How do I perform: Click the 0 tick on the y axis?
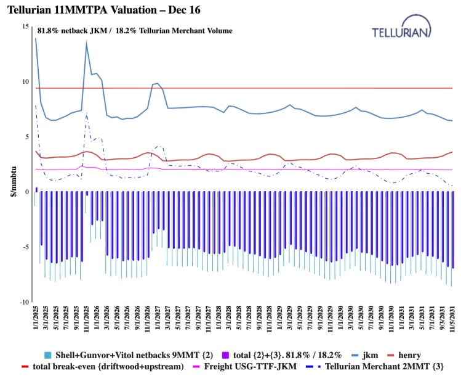tap(26, 192)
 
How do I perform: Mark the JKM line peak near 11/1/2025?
tap(86, 42)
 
